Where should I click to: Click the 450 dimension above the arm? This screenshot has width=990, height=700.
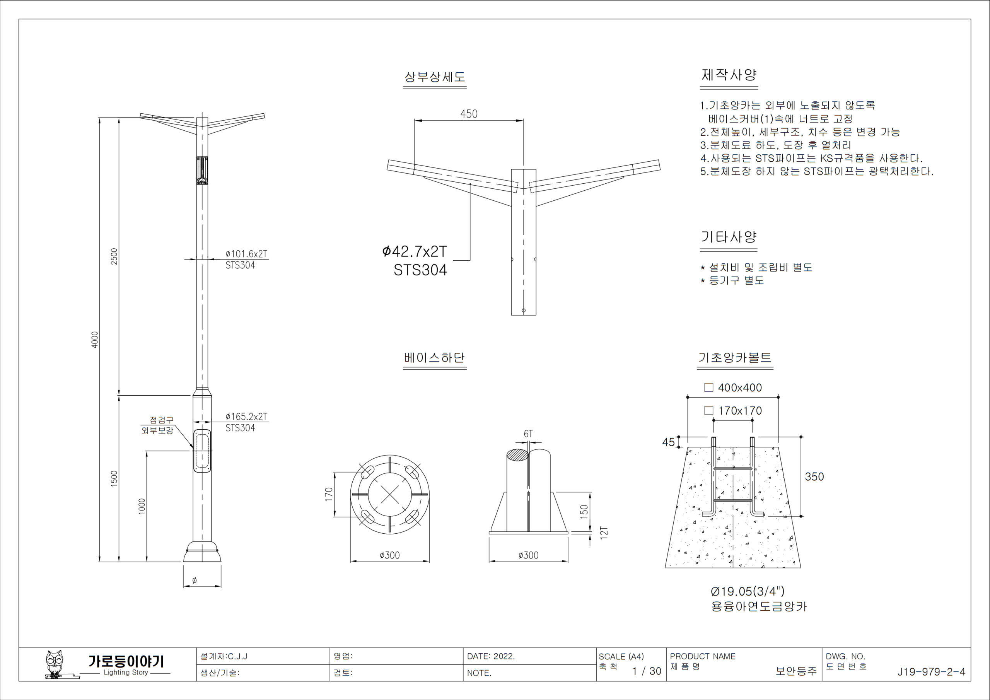(x=469, y=114)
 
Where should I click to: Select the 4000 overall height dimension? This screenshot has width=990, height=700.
(x=95, y=339)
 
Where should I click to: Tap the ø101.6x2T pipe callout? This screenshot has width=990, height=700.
(x=246, y=254)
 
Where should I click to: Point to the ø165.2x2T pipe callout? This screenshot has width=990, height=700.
(x=246, y=417)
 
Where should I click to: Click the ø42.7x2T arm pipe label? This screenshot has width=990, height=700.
(x=414, y=251)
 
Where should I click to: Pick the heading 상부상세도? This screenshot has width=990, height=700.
(x=435, y=77)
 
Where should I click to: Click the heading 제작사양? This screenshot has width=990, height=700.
(x=729, y=75)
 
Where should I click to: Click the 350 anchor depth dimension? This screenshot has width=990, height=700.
(x=814, y=476)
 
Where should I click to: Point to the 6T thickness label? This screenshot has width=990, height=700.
(x=528, y=434)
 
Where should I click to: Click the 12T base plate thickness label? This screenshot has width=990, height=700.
(x=604, y=533)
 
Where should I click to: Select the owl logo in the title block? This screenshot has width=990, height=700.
(x=55, y=664)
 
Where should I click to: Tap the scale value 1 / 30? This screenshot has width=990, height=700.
(x=646, y=671)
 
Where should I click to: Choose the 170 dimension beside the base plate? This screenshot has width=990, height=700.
(x=329, y=494)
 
